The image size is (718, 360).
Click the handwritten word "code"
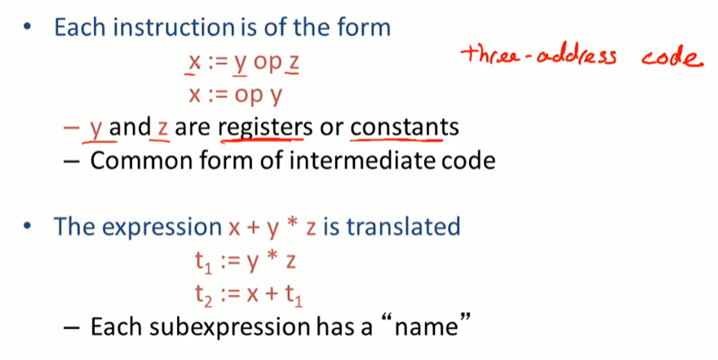pos(671,59)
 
